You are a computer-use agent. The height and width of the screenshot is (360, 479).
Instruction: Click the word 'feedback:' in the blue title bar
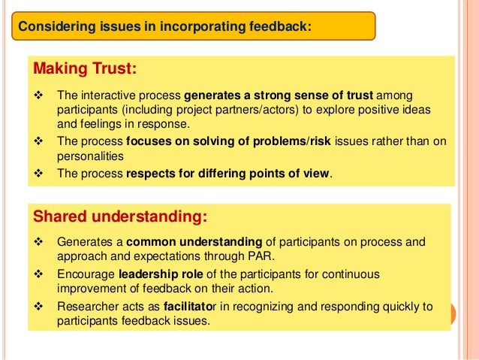[282, 27]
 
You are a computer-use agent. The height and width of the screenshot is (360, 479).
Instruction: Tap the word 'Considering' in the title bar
[55, 27]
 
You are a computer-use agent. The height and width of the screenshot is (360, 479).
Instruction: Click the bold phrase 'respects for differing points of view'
[227, 173]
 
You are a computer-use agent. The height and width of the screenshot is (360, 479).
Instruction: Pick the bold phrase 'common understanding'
[194, 243]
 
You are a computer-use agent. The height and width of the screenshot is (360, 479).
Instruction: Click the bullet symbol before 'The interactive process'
[40, 97]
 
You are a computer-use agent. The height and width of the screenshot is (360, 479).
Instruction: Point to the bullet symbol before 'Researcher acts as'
[40, 307]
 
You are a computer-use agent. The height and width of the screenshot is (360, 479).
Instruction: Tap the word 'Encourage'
[86, 274]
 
